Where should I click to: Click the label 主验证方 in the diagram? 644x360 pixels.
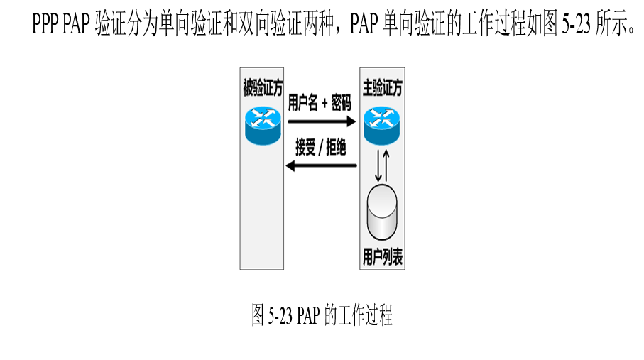click(382, 88)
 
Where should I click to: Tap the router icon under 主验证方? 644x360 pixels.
click(382, 123)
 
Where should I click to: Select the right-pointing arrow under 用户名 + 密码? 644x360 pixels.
click(321, 121)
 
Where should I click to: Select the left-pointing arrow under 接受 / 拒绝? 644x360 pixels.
click(321, 166)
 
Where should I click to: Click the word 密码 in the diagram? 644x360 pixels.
click(341, 104)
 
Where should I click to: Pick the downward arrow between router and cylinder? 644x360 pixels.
click(378, 165)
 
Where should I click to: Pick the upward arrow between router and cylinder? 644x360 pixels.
click(386, 165)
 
